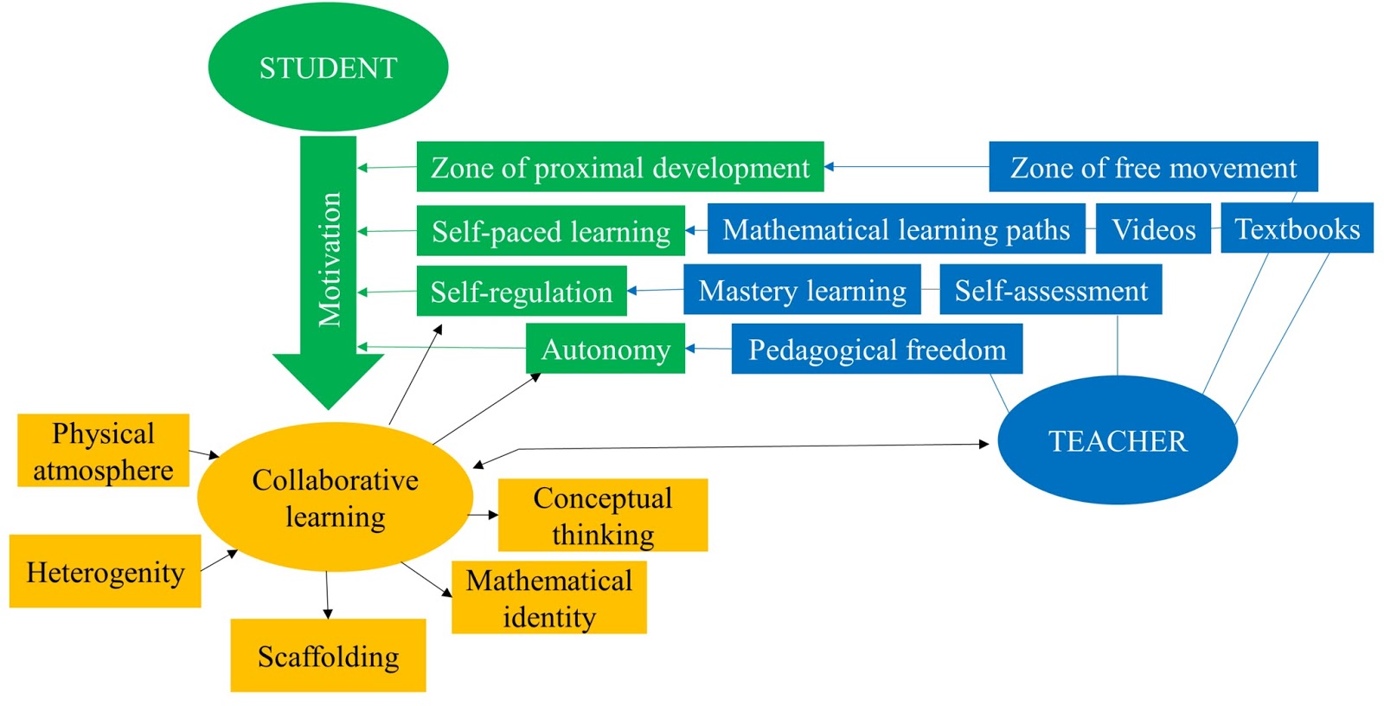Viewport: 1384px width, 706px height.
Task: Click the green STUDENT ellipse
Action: tap(328, 67)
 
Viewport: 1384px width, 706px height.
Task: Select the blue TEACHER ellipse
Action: tap(1117, 440)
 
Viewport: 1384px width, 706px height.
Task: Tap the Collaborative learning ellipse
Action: tap(335, 497)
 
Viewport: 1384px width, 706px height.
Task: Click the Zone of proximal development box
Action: tap(619, 167)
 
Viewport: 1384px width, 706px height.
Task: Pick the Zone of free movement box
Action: tap(1152, 167)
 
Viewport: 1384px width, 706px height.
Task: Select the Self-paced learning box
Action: tap(550, 231)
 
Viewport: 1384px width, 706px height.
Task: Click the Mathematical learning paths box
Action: tap(895, 229)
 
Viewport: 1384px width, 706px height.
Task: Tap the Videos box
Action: tap(1153, 229)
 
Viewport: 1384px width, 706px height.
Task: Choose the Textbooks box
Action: tap(1296, 228)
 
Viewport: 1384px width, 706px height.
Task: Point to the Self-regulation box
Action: tap(521, 292)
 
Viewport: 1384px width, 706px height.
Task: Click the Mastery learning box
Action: tap(802, 290)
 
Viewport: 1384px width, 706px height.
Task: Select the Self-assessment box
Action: tap(1050, 290)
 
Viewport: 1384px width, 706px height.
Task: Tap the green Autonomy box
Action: tap(605, 349)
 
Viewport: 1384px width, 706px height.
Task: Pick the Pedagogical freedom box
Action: tap(876, 349)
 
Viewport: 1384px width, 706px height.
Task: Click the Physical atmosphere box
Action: tap(103, 451)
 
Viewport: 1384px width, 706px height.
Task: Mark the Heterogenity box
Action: tap(105, 572)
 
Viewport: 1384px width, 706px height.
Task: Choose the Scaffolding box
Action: tap(328, 656)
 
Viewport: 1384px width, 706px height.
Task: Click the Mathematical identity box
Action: tap(548, 598)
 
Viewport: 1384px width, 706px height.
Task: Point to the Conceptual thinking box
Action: tap(602, 516)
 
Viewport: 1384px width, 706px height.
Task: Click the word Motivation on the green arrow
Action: tap(329, 260)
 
